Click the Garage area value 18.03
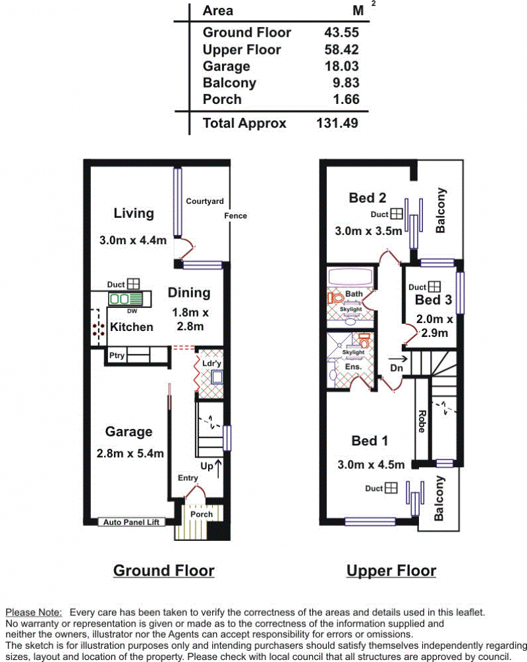click(x=341, y=66)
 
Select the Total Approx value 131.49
click(x=337, y=123)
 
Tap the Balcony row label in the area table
click(x=229, y=83)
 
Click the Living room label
click(x=134, y=213)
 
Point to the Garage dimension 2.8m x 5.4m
click(x=130, y=453)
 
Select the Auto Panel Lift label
click(x=132, y=522)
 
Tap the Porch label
click(x=202, y=514)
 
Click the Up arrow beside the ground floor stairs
click(x=218, y=469)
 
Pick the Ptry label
click(x=117, y=355)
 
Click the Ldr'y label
click(x=211, y=363)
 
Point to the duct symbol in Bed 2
click(x=397, y=214)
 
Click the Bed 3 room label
click(x=433, y=300)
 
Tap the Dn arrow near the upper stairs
click(x=398, y=359)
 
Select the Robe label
click(x=422, y=421)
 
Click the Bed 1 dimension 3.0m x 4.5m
click(x=371, y=465)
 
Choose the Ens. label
click(x=353, y=367)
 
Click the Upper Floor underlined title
click(x=391, y=571)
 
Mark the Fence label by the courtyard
click(x=235, y=216)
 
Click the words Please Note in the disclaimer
click(x=34, y=613)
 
